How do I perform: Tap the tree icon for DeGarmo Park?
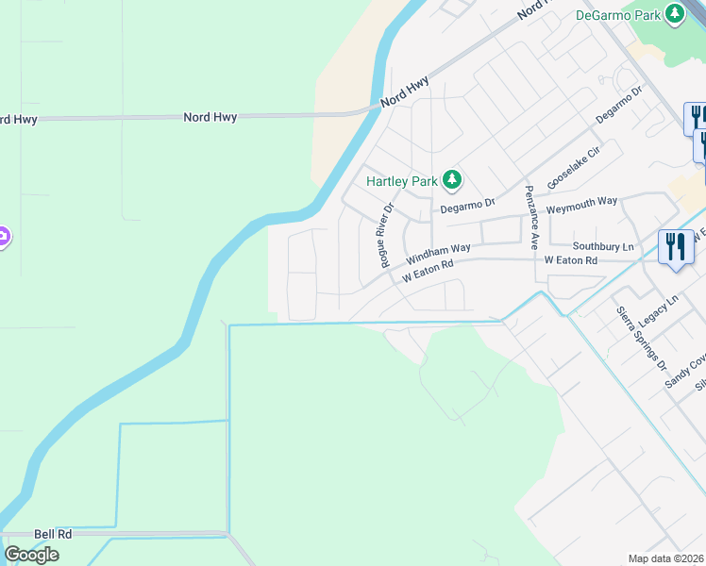tap(675, 13)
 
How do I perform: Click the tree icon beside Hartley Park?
tap(453, 179)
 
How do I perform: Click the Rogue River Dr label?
tap(387, 234)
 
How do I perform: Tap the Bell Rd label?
tap(53, 534)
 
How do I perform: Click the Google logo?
tap(31, 554)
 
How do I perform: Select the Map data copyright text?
tap(666, 558)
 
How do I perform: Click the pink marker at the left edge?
tap(3, 237)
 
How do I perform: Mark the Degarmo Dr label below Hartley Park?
tap(467, 204)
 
